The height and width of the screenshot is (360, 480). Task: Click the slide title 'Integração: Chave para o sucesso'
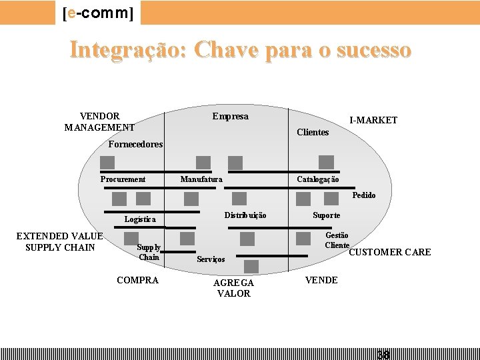tap(240, 51)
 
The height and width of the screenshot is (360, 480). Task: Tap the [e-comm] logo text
tap(97, 13)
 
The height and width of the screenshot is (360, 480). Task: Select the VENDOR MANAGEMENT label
tap(99, 121)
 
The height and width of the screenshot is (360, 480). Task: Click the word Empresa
tap(230, 117)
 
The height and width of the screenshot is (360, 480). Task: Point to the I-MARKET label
tap(373, 120)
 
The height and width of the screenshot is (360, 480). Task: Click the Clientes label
tap(313, 132)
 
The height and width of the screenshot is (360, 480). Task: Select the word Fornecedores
tap(135, 144)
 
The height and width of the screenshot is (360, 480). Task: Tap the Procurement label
tap(123, 179)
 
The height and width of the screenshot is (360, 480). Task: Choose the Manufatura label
tap(201, 179)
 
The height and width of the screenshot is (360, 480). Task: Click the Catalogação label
tap(317, 179)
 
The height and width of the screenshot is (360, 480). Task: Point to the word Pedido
tap(364, 195)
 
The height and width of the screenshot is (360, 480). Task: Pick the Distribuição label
tap(245, 215)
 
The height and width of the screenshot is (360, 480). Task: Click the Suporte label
tap(327, 215)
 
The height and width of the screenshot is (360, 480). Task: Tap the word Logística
tap(140, 219)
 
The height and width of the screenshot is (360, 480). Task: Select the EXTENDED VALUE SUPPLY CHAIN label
tap(60, 242)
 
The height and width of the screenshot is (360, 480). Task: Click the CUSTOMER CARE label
tap(390, 252)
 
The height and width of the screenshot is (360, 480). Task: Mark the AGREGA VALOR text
tap(233, 288)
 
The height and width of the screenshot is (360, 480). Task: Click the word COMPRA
tap(137, 280)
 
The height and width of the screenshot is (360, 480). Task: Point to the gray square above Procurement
tap(107, 163)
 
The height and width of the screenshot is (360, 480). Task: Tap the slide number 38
tap(383, 354)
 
